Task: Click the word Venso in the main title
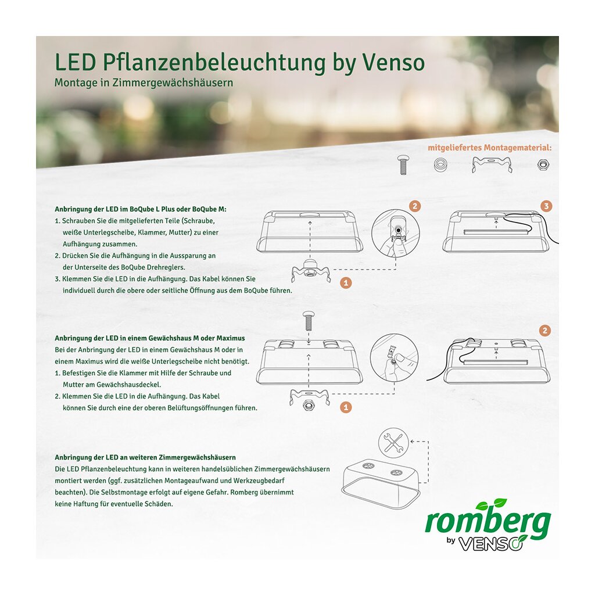[393, 63]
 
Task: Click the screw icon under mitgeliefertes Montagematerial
[402, 164]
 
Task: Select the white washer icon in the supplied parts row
[440, 164]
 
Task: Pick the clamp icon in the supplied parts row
[492, 164]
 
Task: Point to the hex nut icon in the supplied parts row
[542, 165]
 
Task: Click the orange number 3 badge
[546, 206]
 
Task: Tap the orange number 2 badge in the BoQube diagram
[415, 206]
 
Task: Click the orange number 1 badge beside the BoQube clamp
[346, 283]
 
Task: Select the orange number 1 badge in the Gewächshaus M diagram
[346, 407]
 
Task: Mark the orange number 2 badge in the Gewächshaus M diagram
[545, 331]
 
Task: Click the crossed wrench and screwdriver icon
[393, 443]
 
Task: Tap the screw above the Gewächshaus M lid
[308, 321]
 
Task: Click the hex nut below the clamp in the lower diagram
[308, 405]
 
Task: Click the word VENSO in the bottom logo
[490, 543]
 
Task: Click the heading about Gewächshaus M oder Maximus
[149, 338]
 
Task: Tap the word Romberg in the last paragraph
[245, 492]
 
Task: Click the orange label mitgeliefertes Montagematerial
[489, 148]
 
